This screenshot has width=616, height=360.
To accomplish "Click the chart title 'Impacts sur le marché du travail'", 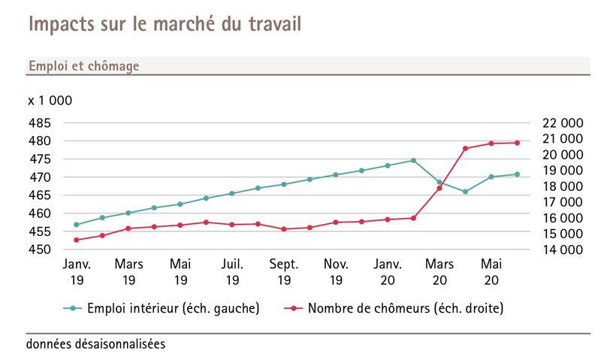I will click(x=165, y=24).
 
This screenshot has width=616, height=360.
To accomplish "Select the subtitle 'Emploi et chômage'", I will click(x=83, y=66).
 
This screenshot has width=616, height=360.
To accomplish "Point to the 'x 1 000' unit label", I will click(x=50, y=101).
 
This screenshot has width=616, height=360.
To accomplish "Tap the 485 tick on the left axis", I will click(x=41, y=123).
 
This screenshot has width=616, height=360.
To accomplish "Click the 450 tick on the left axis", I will click(x=41, y=250).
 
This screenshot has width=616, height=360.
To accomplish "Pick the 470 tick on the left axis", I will click(x=41, y=177).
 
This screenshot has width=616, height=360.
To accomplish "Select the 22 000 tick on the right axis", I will click(x=562, y=123).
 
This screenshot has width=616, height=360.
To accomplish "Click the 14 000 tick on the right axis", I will click(x=562, y=250).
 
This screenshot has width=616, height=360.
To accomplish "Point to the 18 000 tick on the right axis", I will click(x=562, y=186).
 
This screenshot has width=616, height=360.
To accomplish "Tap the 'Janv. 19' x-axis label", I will click(x=77, y=272).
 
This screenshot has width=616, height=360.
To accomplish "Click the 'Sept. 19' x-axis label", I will click(x=284, y=272).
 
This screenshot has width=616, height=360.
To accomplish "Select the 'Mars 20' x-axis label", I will click(x=439, y=272).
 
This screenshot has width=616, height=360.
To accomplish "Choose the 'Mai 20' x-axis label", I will click(x=491, y=272).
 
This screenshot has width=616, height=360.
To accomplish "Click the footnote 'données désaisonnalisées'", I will click(x=95, y=344).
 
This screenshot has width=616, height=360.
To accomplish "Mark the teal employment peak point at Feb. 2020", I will click(x=413, y=160).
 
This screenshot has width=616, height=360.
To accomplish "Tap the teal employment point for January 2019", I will click(x=77, y=225).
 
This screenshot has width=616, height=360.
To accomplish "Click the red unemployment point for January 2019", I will click(x=77, y=240).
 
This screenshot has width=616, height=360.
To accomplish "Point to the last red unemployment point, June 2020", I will click(x=517, y=143).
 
